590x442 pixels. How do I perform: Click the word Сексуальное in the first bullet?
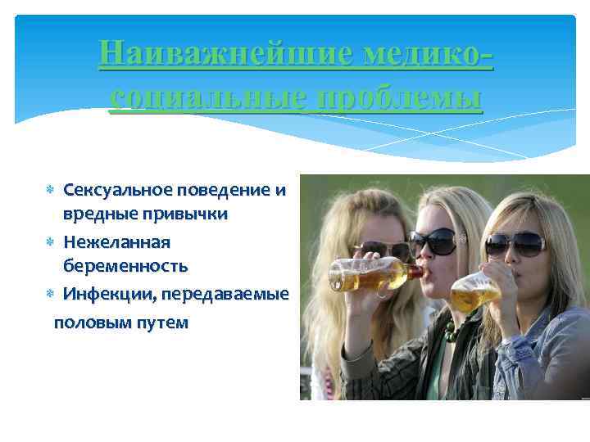pyautogui.click(x=116, y=191)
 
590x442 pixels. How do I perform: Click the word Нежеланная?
pyautogui.click(x=116, y=242)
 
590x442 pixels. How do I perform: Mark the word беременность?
pyautogui.click(x=125, y=265)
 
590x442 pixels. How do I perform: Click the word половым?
pyautogui.click(x=86, y=322)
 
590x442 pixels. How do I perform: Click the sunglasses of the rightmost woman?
pyautogui.click(x=515, y=242)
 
